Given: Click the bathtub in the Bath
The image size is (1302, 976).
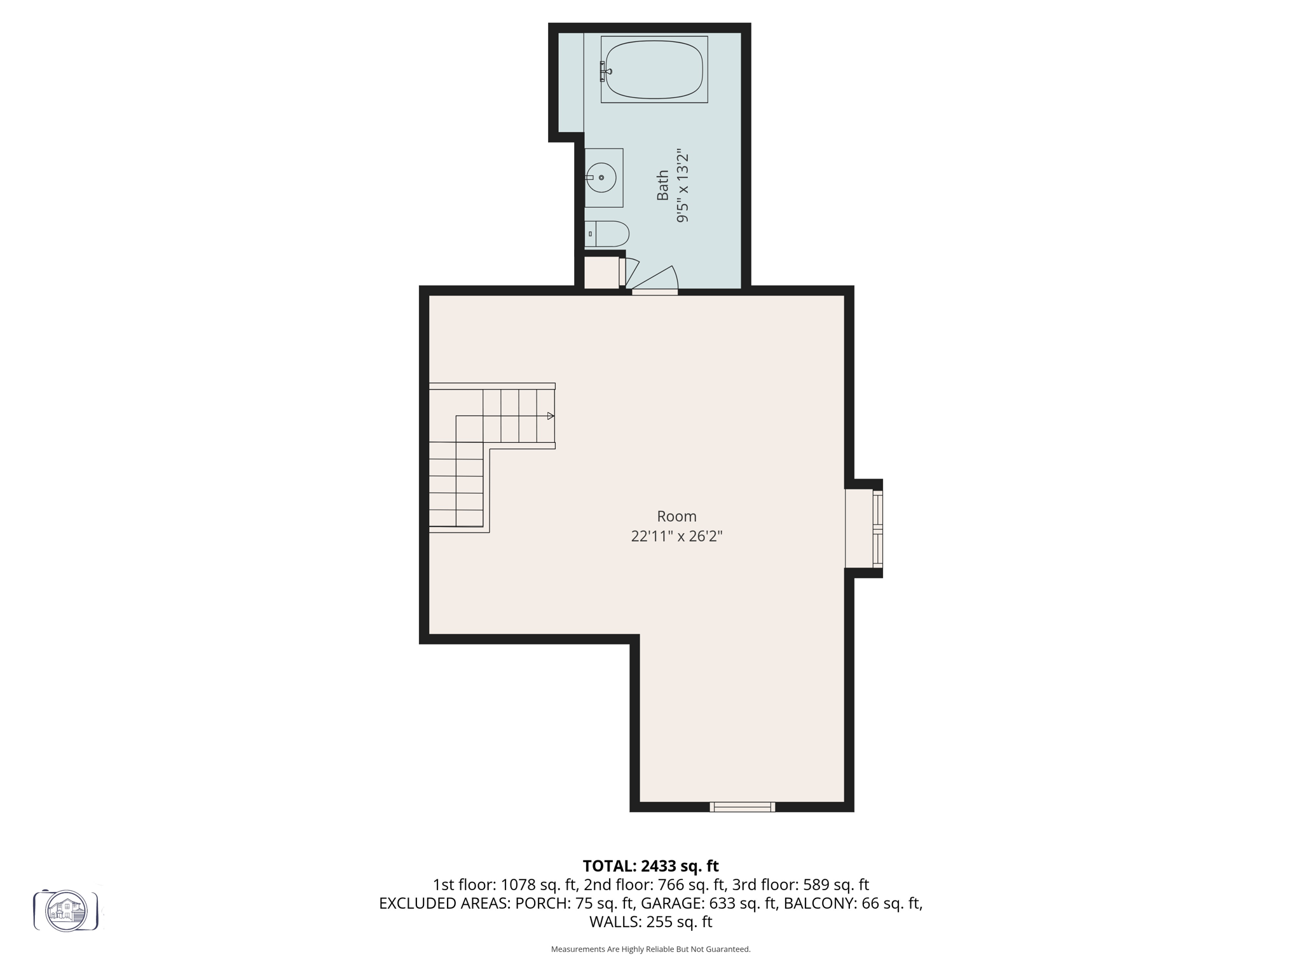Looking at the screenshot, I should [x=655, y=70].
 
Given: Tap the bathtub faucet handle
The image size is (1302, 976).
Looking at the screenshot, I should [x=603, y=71].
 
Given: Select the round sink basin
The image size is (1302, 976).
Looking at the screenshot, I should [x=601, y=178].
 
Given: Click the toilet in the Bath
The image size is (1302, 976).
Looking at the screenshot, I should [x=607, y=234].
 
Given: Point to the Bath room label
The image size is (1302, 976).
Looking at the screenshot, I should [x=663, y=186].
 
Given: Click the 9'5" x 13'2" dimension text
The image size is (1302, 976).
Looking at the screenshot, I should [x=683, y=187].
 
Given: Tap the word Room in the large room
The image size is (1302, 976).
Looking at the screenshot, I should [x=676, y=517].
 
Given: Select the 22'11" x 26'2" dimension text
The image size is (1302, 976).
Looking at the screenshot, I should [x=676, y=536].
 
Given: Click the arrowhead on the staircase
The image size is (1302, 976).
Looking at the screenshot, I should [x=551, y=416].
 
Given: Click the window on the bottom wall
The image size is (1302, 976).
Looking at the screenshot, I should [x=742, y=807].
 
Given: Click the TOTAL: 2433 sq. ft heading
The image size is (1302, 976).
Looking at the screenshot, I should [x=650, y=866].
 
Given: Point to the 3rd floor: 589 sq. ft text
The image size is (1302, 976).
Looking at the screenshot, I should [x=800, y=884].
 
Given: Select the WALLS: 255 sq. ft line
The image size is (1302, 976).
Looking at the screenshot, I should [x=650, y=922].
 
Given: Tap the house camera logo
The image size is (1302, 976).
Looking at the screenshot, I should [x=66, y=911].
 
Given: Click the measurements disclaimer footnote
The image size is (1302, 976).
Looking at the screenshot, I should [x=650, y=949].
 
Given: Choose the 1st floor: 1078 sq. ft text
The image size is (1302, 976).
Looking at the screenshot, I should [x=505, y=884].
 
